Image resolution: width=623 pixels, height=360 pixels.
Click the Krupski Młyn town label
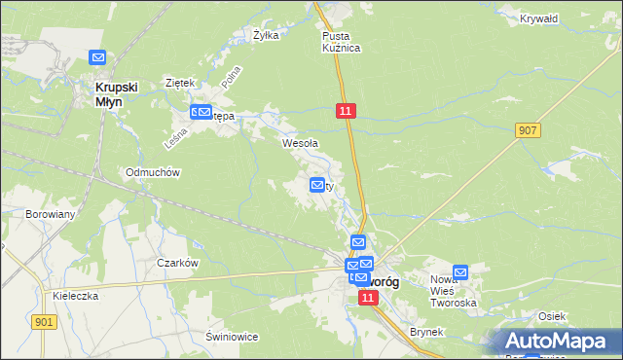point(117,92)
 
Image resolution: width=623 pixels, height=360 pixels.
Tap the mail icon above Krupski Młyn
point(97,58)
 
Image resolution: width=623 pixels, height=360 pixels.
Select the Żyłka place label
point(266,35)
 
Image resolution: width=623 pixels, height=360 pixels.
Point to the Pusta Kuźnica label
point(342,41)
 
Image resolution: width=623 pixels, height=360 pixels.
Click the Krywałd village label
point(538,18)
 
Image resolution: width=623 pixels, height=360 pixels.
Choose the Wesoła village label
point(300,143)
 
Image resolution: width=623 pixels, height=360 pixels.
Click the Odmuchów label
point(153,172)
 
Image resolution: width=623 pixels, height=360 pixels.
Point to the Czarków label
point(178,263)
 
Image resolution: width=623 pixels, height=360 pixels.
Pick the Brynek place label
point(426,332)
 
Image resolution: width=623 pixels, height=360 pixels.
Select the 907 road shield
point(529,130)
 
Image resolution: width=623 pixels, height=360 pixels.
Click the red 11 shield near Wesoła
point(347,112)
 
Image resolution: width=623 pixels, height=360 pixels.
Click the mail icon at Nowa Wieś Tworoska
point(460,273)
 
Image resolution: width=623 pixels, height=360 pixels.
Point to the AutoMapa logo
point(562,340)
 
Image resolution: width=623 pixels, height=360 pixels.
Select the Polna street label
point(231,80)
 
